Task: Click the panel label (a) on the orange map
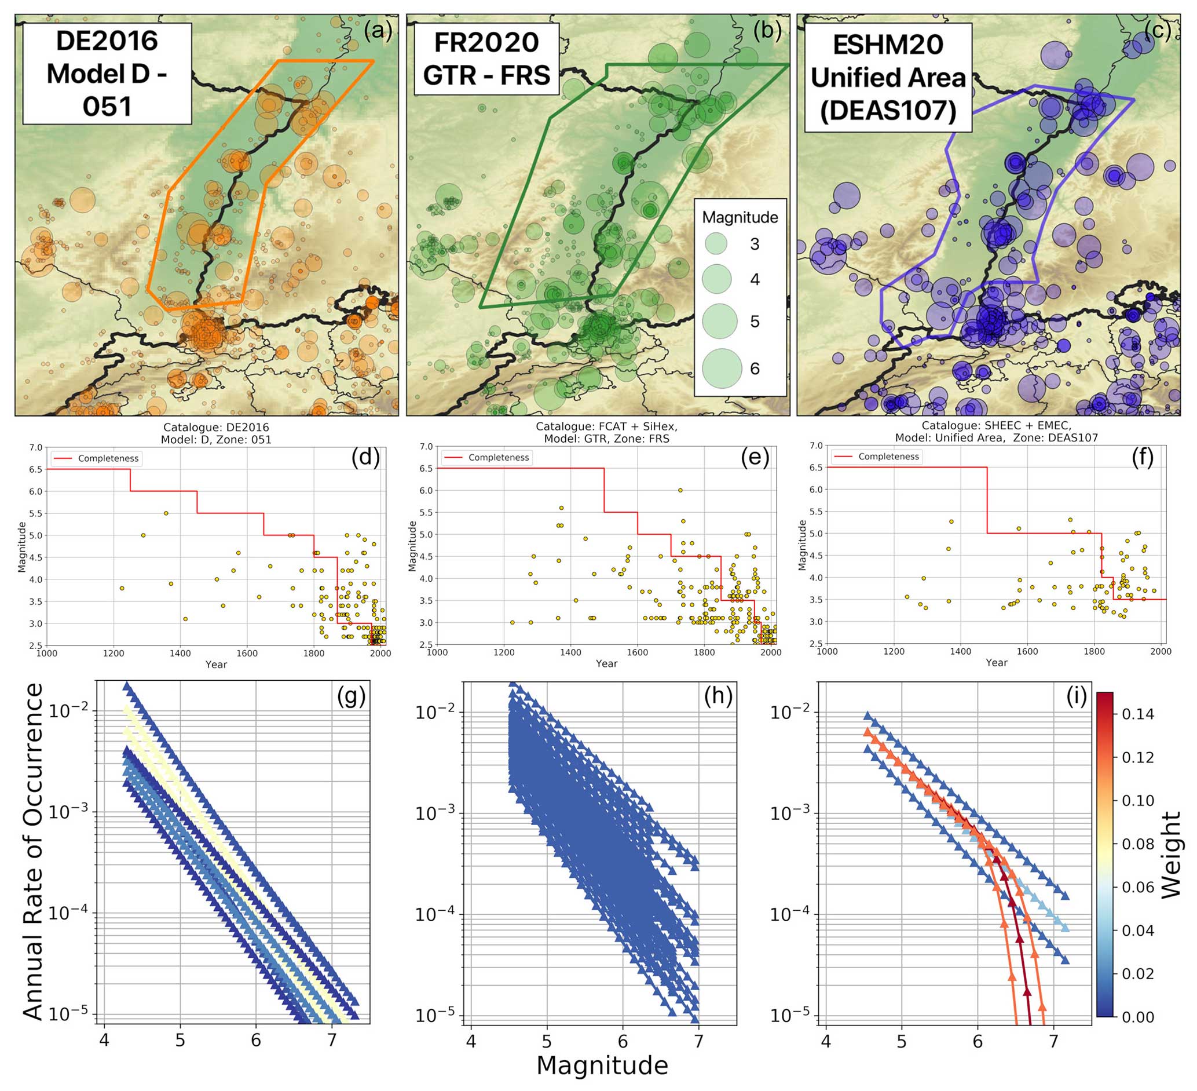pos(378,30)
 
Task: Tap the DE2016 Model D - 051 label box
pos(107,74)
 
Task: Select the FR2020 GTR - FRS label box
pos(486,59)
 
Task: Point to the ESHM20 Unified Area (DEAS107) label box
pos(888,78)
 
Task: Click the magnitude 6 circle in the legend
pos(722,369)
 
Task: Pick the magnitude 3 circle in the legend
pos(717,243)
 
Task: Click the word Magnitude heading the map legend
pos(740,217)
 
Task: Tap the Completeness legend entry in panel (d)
pos(108,458)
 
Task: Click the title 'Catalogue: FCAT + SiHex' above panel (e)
pos(606,426)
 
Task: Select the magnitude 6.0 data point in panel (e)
pos(680,490)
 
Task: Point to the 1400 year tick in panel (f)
pos(960,651)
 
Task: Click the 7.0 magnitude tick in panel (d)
pos(36,447)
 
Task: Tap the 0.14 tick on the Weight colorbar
pos(1137,714)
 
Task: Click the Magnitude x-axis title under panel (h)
pos(602,1066)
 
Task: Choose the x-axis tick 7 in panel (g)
pos(332,1039)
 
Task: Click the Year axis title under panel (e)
pos(606,663)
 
